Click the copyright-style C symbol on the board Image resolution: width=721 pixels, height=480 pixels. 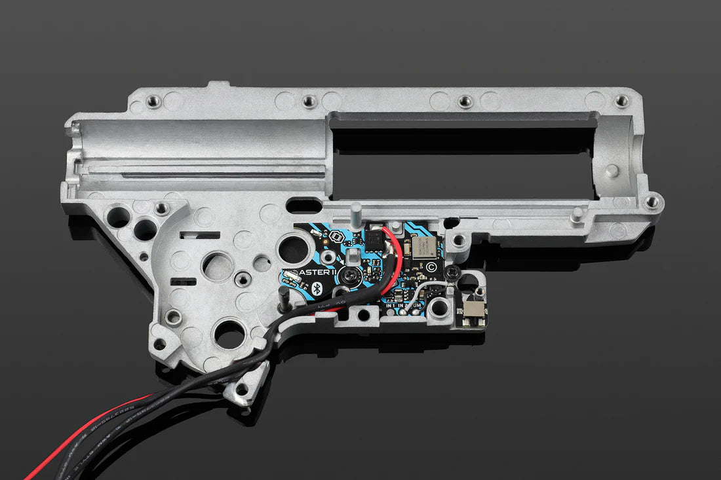click(x=430, y=267)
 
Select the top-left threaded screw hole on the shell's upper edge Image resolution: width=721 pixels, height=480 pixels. click(x=153, y=101)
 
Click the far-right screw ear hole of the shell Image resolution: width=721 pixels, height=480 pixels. click(x=652, y=202)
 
